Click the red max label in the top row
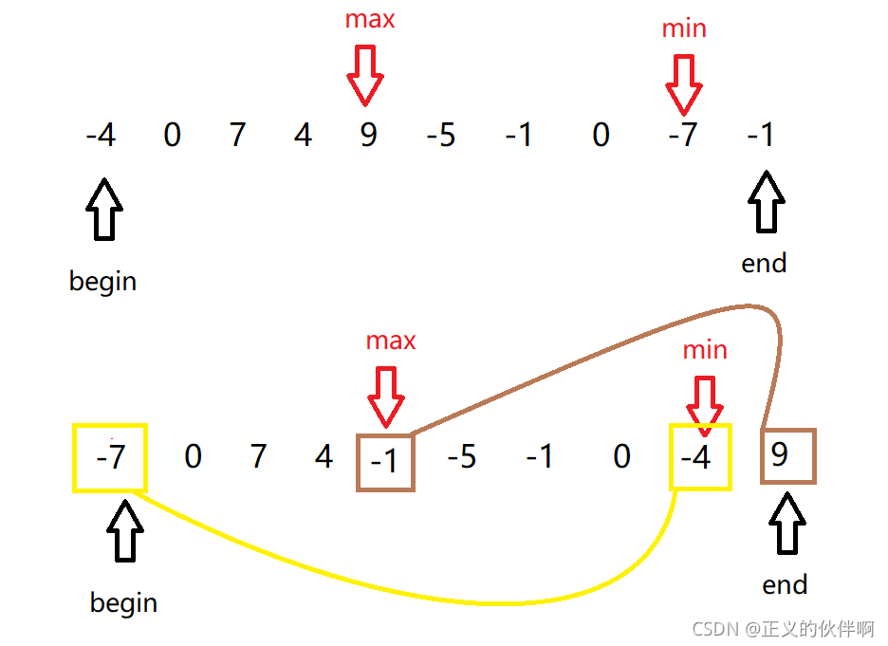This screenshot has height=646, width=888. pyautogui.click(x=370, y=20)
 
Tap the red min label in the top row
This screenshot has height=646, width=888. pyautogui.click(x=684, y=28)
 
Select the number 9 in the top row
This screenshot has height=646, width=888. pyautogui.click(x=368, y=136)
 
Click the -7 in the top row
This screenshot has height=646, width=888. pyautogui.click(x=681, y=136)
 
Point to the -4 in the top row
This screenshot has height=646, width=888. pyautogui.click(x=100, y=136)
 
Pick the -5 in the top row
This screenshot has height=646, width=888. pyautogui.click(x=440, y=136)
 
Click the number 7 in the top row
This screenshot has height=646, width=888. pyautogui.click(x=237, y=136)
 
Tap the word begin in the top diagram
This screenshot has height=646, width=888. pyautogui.click(x=102, y=282)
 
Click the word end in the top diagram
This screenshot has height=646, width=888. pyautogui.click(x=764, y=263)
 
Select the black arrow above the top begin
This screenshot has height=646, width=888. pyautogui.click(x=104, y=210)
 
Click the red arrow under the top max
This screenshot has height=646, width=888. pyautogui.click(x=365, y=76)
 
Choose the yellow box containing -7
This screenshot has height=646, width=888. pyautogui.click(x=110, y=457)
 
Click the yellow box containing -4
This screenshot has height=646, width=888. pyautogui.click(x=700, y=457)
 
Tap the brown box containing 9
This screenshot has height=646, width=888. pyautogui.click(x=787, y=456)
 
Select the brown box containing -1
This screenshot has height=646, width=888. pyautogui.click(x=385, y=462)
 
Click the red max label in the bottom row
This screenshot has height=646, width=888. pyautogui.click(x=391, y=340)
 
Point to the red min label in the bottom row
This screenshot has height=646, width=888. pyautogui.click(x=705, y=350)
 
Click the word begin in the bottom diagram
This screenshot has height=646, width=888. pyautogui.click(x=123, y=602)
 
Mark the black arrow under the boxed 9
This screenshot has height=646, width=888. pyautogui.click(x=786, y=523)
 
